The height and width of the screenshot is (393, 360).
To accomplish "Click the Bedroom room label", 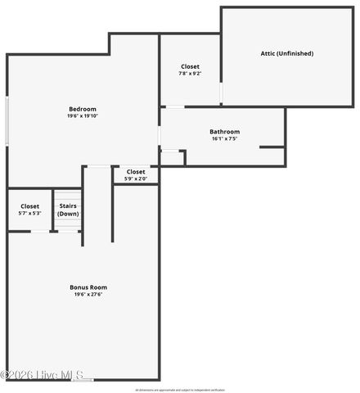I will [x=82, y=109].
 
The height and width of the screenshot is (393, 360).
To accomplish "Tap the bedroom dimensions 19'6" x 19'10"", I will [x=82, y=116].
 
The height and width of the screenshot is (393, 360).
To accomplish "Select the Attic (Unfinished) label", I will [x=286, y=53].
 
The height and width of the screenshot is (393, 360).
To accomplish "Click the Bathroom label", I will [x=224, y=132].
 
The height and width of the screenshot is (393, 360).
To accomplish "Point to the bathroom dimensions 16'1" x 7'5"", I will [x=224, y=139].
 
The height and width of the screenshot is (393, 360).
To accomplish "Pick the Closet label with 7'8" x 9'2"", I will [x=190, y=66].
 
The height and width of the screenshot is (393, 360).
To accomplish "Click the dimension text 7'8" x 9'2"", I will [x=190, y=74].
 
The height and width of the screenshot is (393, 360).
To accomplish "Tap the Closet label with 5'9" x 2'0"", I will [x=136, y=172].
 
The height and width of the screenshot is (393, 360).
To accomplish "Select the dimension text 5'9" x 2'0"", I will [x=136, y=178].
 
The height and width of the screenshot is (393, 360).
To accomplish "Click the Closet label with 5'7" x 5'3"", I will [x=29, y=206].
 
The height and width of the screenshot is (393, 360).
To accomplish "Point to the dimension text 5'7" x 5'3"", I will [x=29, y=214].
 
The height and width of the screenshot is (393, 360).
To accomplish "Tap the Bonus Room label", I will [x=88, y=287].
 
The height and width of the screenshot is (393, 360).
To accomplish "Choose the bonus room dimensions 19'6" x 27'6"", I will [x=88, y=295].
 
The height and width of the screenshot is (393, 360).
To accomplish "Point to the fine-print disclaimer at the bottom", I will [x=180, y=390].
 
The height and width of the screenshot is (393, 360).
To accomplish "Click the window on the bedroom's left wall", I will [x=7, y=121].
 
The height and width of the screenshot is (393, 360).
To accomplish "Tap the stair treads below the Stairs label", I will [x=68, y=224].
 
